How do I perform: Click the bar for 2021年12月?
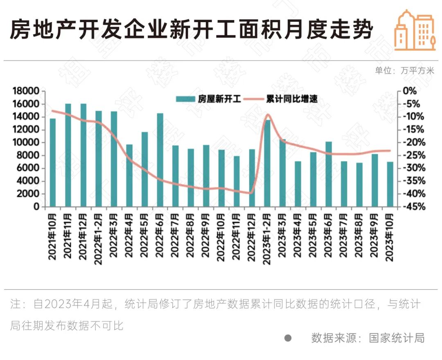tap(83, 155)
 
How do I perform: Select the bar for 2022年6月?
tap(160, 160)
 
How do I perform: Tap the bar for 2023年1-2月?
tap(267, 163)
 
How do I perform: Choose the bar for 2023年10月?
tap(390, 184)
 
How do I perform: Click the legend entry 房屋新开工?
tap(209, 99)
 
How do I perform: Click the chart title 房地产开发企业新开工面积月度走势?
tap(191, 30)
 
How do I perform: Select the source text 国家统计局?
tap(397, 338)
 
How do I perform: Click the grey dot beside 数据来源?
tap(288, 338)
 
